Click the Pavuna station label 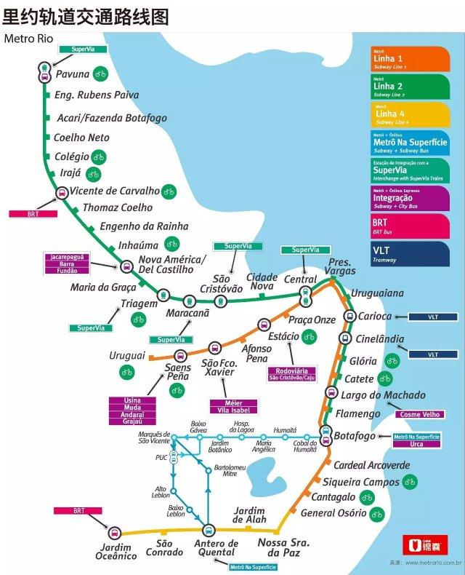click(72, 74)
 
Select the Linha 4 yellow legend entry click(409, 114)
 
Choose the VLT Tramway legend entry click(409, 253)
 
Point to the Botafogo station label click(355, 436)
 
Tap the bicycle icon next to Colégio click(100, 156)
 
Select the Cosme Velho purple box click(418, 414)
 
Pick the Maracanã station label click(187, 313)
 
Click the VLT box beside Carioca click(433, 317)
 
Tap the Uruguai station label click(127, 355)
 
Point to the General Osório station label click(333, 513)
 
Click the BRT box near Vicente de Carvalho click(32, 214)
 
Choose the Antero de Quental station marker click(209, 529)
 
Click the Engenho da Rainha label click(143, 226)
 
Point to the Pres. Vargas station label click(339, 266)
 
